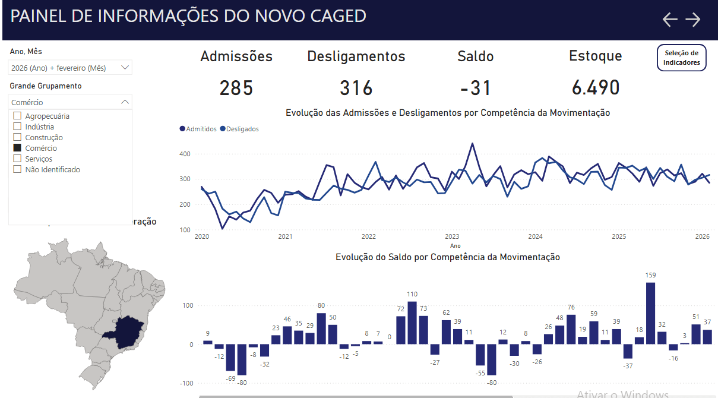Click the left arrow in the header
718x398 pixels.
(670, 20)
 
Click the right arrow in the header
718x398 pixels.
(693, 20)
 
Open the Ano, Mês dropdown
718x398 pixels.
(70, 68)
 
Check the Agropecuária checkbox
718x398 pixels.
(17, 116)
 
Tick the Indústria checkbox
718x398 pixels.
(17, 127)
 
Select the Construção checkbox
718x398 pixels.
(17, 137)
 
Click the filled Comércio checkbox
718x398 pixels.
(17, 148)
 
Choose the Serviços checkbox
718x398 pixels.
(17, 159)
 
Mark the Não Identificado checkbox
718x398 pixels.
(17, 169)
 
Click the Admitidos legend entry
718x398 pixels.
(198, 129)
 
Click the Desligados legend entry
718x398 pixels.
(239, 129)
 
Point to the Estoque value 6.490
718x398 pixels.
(596, 88)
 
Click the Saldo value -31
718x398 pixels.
(476, 88)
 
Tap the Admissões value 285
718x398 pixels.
(236, 88)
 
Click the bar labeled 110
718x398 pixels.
(412, 323)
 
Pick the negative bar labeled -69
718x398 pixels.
(230, 358)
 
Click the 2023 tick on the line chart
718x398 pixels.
(452, 236)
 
